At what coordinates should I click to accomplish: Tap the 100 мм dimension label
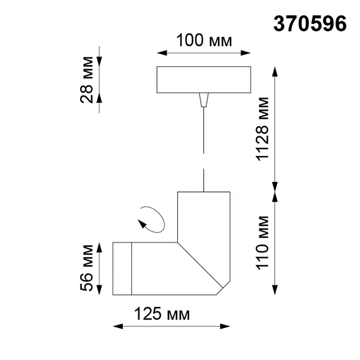pyautogui.click(x=203, y=41)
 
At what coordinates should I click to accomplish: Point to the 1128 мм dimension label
pyautogui.click(x=262, y=129)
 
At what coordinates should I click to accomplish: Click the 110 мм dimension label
pyautogui.click(x=262, y=242)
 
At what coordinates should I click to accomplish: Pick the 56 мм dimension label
pyautogui.click(x=87, y=268)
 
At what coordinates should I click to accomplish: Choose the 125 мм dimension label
pyautogui.click(x=162, y=314)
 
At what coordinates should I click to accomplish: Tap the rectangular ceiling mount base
pyautogui.click(x=203, y=80)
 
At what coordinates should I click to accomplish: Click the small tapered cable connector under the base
pyautogui.click(x=203, y=101)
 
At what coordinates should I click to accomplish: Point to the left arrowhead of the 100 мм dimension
pyautogui.click(x=161, y=54)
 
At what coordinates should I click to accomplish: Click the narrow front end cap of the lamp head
pyautogui.click(x=122, y=269)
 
